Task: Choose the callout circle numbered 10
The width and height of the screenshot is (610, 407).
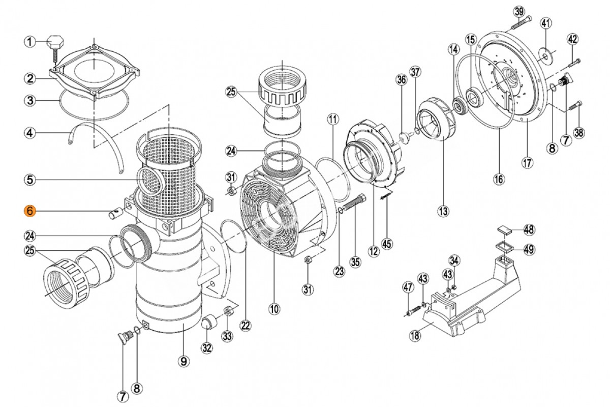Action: pos(274,308)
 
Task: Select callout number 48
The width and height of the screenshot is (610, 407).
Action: pos(529,229)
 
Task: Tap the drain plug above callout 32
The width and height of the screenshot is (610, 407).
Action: pos(207,322)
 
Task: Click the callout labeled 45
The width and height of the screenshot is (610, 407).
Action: pos(387,244)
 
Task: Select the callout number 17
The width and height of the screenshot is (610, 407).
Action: pos(527,163)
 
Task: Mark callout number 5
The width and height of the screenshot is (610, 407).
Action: pos(30,179)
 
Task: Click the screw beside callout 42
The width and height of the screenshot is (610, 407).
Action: pos(572,63)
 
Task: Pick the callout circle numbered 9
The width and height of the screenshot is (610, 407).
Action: pos(184,361)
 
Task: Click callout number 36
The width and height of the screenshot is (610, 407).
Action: pos(402,79)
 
